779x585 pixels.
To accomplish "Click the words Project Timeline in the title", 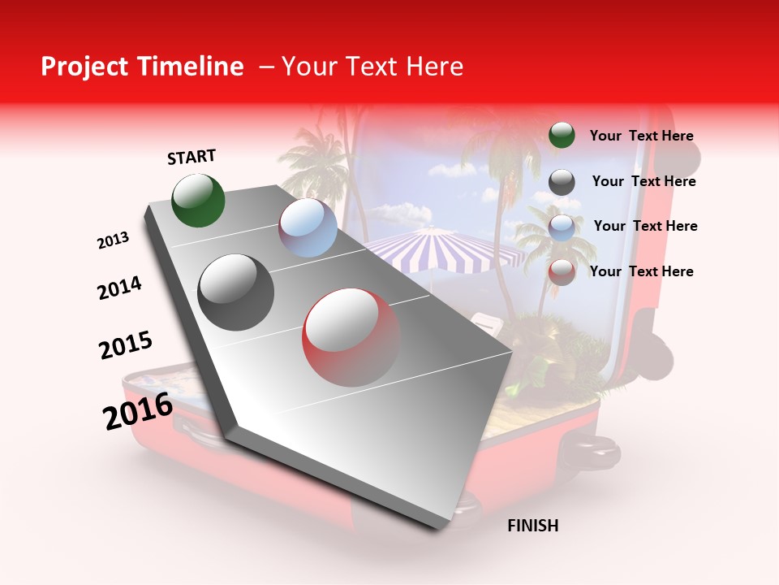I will point(142,67).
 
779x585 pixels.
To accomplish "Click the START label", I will point(192,157).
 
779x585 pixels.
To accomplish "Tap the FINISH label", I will point(532,526).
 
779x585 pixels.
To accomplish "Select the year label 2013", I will point(114,240).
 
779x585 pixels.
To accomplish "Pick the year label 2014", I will point(119,288).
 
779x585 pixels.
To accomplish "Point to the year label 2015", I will point(126,345).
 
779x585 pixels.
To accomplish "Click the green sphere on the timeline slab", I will point(199,200).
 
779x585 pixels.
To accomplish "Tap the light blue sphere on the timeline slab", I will point(308,227).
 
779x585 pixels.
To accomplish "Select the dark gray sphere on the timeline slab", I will point(235,292).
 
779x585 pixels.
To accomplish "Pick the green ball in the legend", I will point(562,135).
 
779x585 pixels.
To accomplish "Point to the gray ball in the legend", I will point(562,182).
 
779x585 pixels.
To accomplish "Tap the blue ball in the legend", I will point(562,227).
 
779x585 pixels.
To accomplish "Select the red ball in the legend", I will point(562,272).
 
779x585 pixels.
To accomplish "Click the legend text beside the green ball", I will point(641,136).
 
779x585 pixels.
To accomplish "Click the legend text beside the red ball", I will point(641,271).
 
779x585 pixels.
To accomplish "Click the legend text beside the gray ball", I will point(643,181).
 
